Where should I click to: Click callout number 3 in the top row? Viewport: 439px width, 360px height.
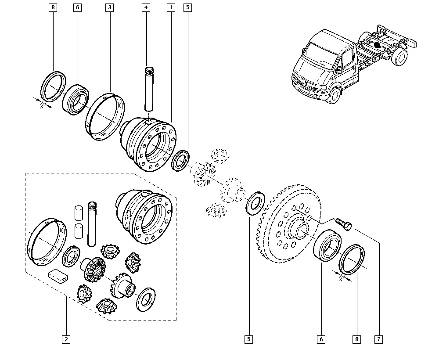[x=109, y=7]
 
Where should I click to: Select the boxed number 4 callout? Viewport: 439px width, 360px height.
[x=146, y=7]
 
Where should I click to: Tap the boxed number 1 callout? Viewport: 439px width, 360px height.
[x=170, y=7]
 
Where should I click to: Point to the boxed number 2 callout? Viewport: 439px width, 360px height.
[x=66, y=339]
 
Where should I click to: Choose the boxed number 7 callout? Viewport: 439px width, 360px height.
[x=378, y=339]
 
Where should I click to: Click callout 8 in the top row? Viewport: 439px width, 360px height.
[x=53, y=7]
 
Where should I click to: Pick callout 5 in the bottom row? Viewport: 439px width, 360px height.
[x=249, y=339]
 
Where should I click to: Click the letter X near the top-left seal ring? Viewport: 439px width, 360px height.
[x=42, y=106]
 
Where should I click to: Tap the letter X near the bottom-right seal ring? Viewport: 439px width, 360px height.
[x=340, y=279]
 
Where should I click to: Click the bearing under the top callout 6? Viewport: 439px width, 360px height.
[x=76, y=100]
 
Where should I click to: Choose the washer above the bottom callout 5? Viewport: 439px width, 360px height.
[x=255, y=203]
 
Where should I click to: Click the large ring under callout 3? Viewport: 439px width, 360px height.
[x=104, y=116]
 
